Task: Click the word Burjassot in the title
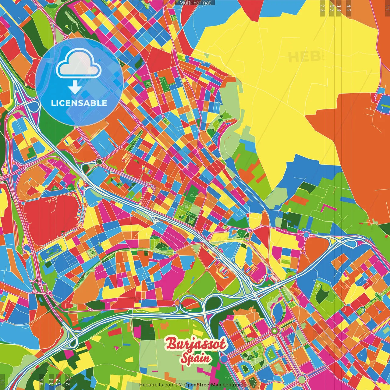196,344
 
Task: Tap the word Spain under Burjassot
195,358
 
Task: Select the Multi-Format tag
195,3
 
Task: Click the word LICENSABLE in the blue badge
79,103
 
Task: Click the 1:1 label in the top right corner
387,7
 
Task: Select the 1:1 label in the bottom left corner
3,382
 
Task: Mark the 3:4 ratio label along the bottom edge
51,381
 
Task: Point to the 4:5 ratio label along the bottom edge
41,381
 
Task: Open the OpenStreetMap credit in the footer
203,385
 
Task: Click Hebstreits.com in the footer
157,385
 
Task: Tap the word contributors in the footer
237,385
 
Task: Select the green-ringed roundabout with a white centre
275,330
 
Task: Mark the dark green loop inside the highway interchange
214,302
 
